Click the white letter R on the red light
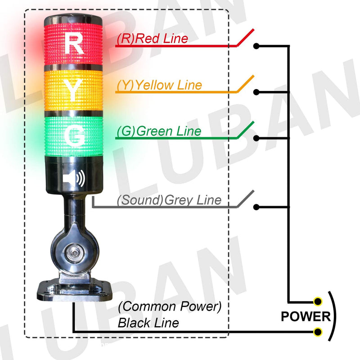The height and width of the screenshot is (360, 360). click(74, 43)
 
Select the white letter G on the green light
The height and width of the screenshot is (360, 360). click(74, 134)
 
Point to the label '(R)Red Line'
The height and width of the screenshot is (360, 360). click(152, 39)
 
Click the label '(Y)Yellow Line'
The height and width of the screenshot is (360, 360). click(159, 85)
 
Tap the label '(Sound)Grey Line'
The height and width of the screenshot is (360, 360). click(169, 200)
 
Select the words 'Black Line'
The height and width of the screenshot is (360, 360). click(148, 323)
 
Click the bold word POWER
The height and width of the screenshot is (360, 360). click(306, 317)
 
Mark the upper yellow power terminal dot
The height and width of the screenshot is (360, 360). click(319, 301)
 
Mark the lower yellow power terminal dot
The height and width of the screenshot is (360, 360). click(319, 332)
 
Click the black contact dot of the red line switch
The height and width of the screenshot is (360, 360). click(256, 46)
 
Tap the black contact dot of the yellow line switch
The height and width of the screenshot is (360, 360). click(256, 92)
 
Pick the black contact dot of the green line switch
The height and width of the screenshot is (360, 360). click(256, 138)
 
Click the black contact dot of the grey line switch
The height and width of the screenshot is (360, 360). click(256, 207)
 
